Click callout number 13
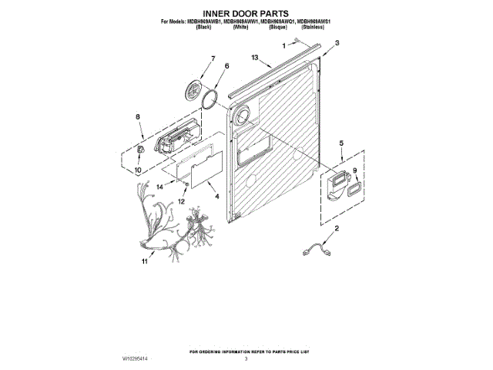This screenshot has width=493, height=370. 256,56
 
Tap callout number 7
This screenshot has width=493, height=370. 213,59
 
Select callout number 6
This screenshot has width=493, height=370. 226,67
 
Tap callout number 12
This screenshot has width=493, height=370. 183,202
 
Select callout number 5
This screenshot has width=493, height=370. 342,143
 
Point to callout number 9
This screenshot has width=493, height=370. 354,170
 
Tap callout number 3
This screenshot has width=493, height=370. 337,45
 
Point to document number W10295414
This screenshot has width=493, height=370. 139,359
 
